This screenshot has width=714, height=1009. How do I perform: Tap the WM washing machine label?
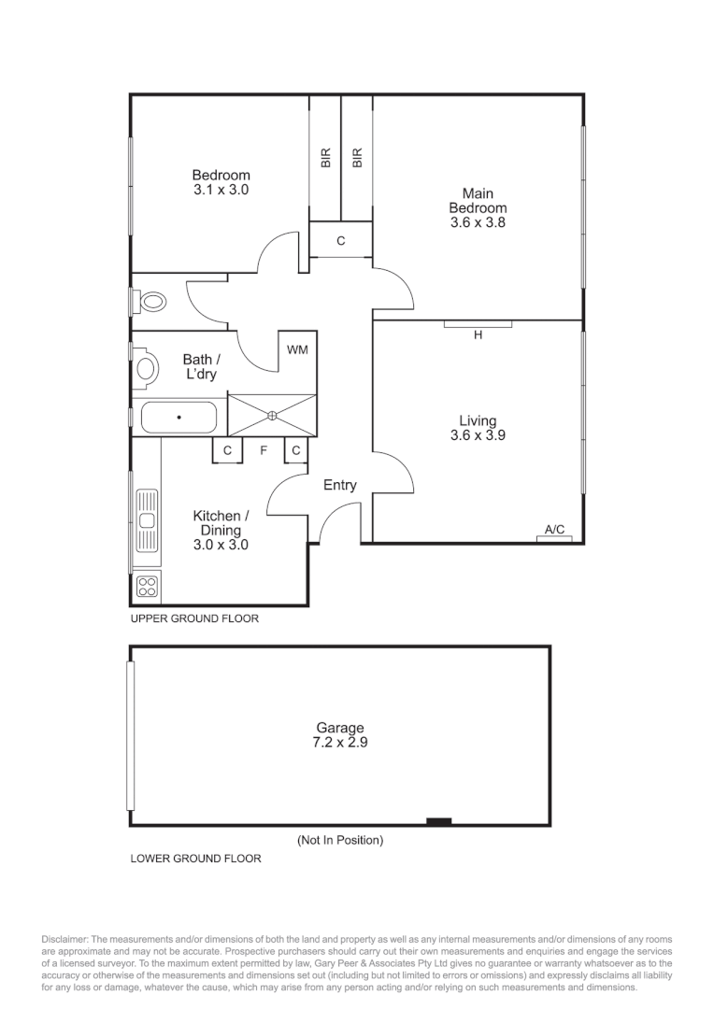tap(297, 350)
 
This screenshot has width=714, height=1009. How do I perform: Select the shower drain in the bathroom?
tap(272, 416)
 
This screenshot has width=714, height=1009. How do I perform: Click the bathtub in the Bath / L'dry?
tap(178, 418)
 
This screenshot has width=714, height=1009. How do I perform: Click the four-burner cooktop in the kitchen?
tap(148, 587)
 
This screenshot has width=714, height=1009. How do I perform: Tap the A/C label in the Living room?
tap(554, 530)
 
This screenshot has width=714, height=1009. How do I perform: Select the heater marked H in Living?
tap(478, 334)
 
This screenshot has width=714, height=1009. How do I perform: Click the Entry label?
tap(339, 485)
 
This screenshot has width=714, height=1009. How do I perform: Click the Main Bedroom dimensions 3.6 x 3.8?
tap(478, 223)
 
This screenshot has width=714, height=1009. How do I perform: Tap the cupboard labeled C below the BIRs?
tap(340, 241)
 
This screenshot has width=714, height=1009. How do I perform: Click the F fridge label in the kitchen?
tap(264, 450)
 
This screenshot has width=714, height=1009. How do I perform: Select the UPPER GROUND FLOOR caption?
tap(194, 618)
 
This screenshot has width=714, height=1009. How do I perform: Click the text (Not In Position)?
tap(340, 840)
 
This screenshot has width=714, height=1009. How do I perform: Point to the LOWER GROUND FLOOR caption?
tap(195, 858)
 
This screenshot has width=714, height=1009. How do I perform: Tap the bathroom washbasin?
tap(146, 366)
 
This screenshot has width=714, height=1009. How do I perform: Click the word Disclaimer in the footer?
tap(64, 939)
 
